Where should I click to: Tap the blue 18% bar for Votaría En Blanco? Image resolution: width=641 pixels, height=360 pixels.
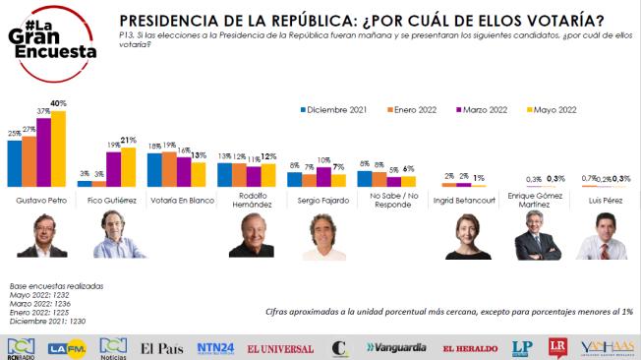[154, 168]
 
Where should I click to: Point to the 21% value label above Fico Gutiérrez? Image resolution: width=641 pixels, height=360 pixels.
[128, 141]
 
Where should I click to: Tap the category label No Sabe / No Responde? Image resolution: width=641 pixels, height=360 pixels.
[385, 204]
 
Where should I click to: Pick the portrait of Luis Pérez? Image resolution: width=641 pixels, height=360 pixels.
[601, 236]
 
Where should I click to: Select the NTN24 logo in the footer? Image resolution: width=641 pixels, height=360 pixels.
[214, 346]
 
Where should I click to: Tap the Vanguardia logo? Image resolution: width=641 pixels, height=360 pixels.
[398, 347]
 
